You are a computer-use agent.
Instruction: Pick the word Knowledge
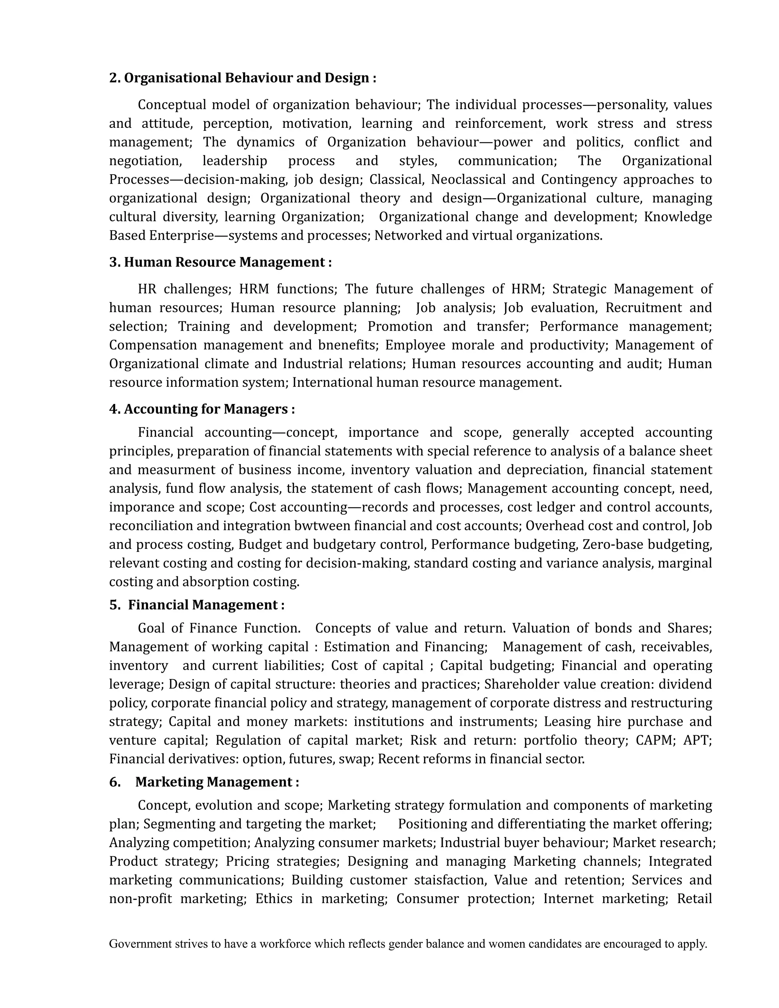[677, 217]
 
